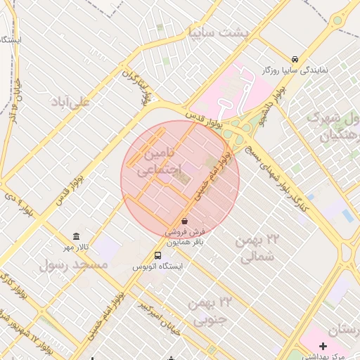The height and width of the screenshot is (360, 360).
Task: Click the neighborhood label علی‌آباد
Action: click(70, 102)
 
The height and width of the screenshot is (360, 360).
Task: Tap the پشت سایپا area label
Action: click(209, 32)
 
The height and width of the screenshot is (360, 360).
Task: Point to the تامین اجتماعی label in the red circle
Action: click(158, 161)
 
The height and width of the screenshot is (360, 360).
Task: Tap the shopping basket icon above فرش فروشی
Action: click(184, 221)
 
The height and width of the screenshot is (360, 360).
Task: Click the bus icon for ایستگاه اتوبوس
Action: click(157, 256)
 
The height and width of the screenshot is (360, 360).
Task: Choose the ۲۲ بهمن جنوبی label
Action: click(210, 311)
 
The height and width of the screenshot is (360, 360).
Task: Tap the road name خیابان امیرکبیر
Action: click(157, 316)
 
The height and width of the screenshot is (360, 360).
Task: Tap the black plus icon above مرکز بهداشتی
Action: click(323, 346)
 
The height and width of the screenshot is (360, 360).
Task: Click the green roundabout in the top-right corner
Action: click(338, 20)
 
